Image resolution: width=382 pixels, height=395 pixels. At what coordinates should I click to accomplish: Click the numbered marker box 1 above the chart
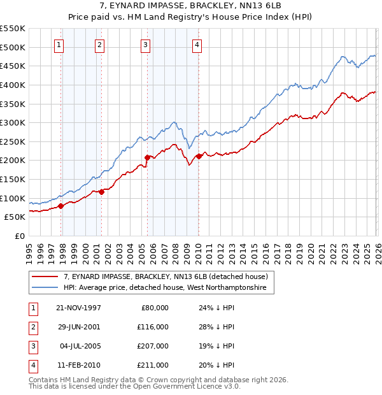[x=59, y=45]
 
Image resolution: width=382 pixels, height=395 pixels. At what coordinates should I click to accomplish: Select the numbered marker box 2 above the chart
[x=100, y=45]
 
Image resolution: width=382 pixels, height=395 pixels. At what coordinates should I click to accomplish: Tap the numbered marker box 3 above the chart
[x=146, y=45]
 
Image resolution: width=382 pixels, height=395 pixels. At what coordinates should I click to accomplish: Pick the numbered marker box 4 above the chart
[x=197, y=45]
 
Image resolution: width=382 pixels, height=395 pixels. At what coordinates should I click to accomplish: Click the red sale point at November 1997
[x=61, y=206]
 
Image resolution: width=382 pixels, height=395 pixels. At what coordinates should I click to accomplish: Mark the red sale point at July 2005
[x=147, y=157]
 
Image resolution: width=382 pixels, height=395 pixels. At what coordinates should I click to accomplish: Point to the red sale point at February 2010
[x=199, y=156]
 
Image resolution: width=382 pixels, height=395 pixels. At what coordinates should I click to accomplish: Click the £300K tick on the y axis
[x=13, y=122]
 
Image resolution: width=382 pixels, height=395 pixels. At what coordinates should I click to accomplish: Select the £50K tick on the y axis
[x=15, y=217]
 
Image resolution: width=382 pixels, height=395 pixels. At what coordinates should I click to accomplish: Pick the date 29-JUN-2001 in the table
[x=78, y=326]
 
